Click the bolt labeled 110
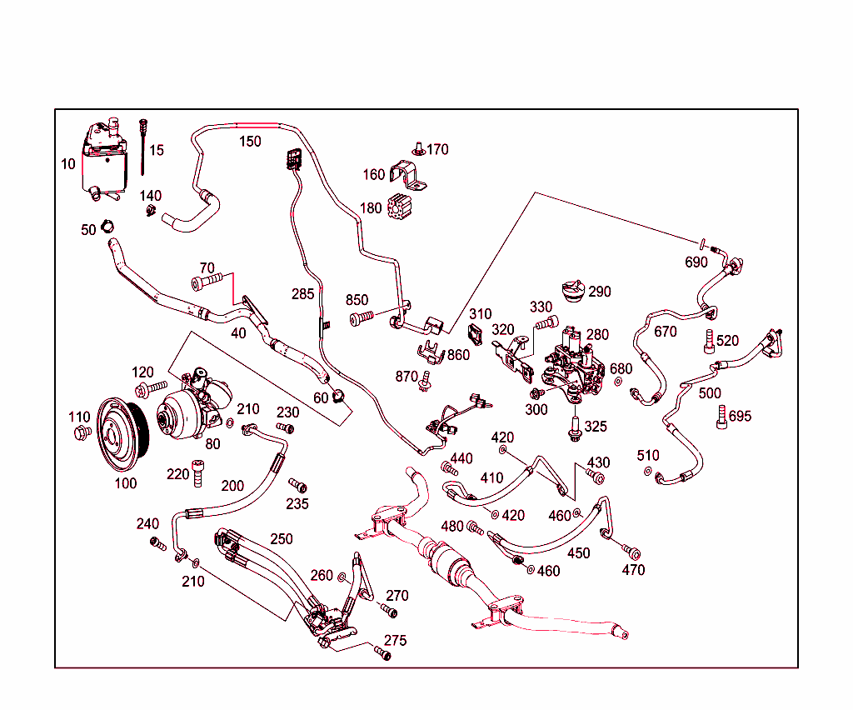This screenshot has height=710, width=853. click(x=81, y=432)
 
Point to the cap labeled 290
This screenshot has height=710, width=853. click(x=572, y=293)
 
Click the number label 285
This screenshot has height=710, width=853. click(x=303, y=293)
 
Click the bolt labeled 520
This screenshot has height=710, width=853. click(x=709, y=341)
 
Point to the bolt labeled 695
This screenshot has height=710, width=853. click(x=721, y=416)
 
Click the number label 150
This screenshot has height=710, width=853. click(x=250, y=141)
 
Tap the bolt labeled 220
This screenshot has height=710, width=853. click(x=197, y=474)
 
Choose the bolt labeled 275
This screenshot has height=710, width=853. click(x=382, y=653)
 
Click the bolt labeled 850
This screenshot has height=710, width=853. click(x=362, y=318)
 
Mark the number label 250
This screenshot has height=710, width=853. click(x=281, y=539)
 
